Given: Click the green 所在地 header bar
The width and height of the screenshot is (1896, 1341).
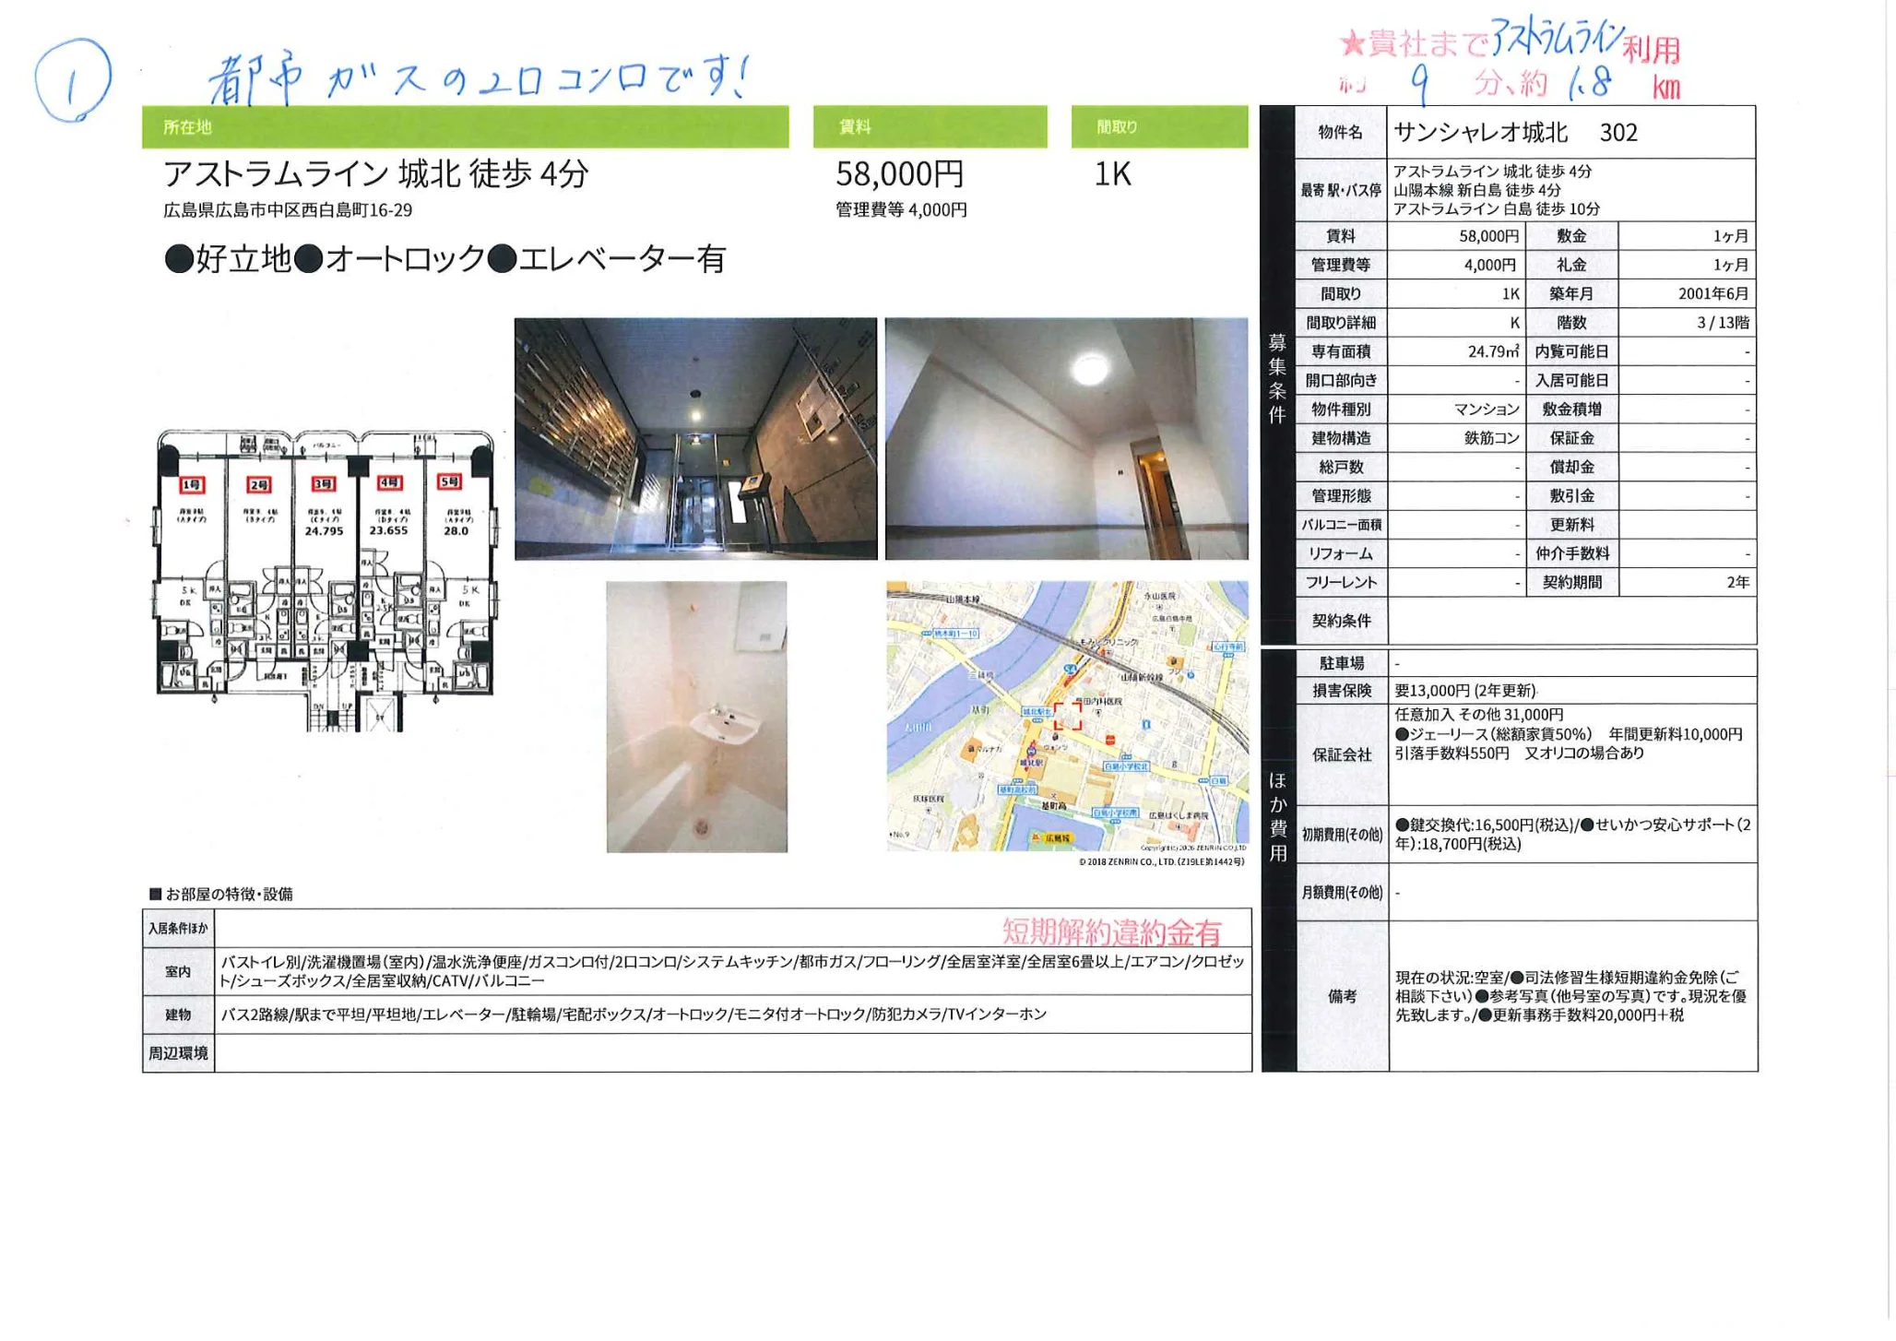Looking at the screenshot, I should point(465,127).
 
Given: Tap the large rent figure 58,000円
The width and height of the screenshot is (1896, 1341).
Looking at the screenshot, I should point(899,173).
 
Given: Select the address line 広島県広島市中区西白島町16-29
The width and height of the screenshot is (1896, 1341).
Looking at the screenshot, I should point(288,210).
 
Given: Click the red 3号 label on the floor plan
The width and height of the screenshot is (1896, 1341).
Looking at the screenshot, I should point(324,484).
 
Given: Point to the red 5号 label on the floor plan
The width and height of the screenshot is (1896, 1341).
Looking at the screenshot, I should point(450,482).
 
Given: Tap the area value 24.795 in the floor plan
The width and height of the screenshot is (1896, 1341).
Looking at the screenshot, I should point(324,531).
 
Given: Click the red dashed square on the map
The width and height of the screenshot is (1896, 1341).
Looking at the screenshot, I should point(1068,716).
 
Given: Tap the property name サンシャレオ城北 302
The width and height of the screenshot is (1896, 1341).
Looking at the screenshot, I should point(1515,133).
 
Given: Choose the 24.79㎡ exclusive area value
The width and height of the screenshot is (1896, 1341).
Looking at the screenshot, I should point(1493,351).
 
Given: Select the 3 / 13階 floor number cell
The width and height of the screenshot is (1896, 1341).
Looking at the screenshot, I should point(1722,323).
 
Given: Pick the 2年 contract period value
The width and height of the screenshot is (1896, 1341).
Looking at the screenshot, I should point(1737,582).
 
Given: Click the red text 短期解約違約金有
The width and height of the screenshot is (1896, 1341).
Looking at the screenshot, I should point(1111,932).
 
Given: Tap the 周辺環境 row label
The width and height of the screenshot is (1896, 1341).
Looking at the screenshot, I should point(178,1052).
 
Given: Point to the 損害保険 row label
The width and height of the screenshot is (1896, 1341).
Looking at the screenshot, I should point(1341,691).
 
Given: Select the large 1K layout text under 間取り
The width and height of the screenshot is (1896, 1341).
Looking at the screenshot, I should point(1112,173).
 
